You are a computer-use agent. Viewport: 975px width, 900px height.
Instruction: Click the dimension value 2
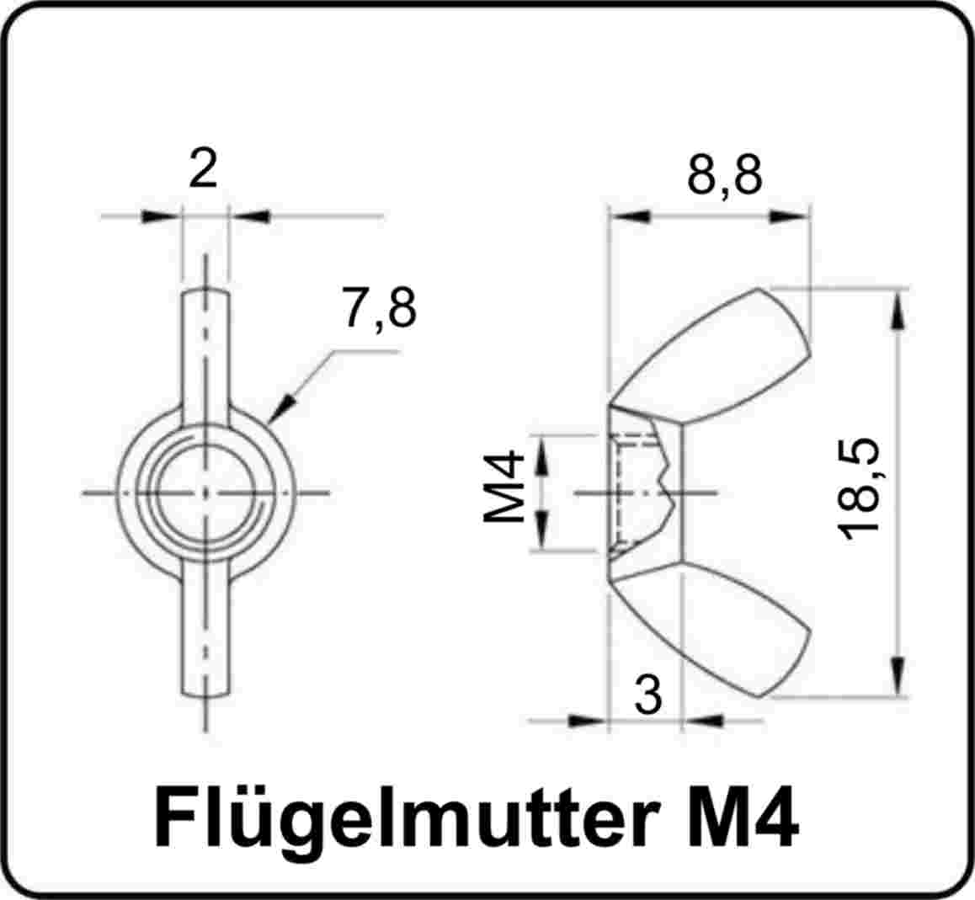(x=203, y=168)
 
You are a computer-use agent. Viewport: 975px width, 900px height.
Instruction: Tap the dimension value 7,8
(x=378, y=308)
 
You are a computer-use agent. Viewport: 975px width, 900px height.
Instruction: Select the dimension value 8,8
(x=724, y=175)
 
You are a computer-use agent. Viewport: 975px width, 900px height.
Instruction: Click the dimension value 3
(x=648, y=694)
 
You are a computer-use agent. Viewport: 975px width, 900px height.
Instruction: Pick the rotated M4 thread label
(x=504, y=487)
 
